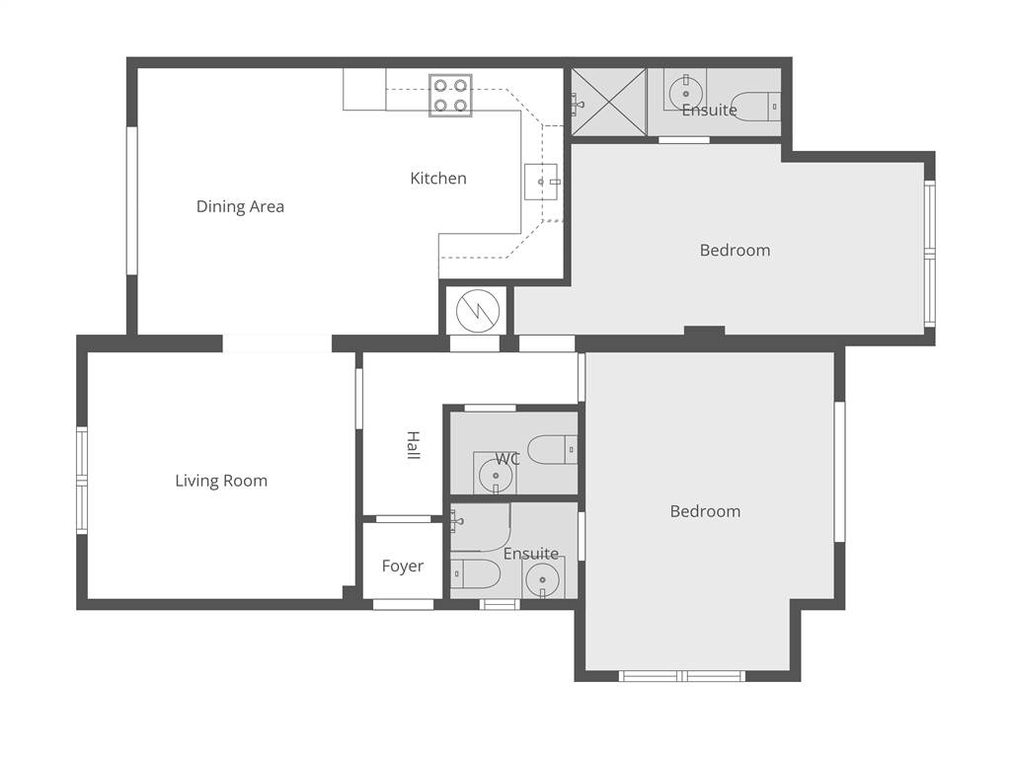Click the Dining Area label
(x=240, y=206)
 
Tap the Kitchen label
(x=438, y=178)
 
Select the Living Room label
(x=221, y=481)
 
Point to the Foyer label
(x=403, y=567)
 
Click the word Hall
(x=414, y=445)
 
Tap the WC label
(x=507, y=459)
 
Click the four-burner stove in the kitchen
(x=450, y=96)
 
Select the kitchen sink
(x=541, y=183)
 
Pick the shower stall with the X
(x=608, y=103)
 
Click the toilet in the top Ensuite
(x=756, y=107)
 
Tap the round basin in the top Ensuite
(x=685, y=94)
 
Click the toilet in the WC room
(x=553, y=449)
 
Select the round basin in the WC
(x=496, y=476)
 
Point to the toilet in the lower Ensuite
(x=475, y=573)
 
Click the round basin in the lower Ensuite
(x=542, y=579)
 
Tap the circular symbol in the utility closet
(x=478, y=311)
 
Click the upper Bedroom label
(x=735, y=250)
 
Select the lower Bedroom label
(x=705, y=511)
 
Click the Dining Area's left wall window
(x=131, y=200)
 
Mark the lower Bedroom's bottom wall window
(x=682, y=676)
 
